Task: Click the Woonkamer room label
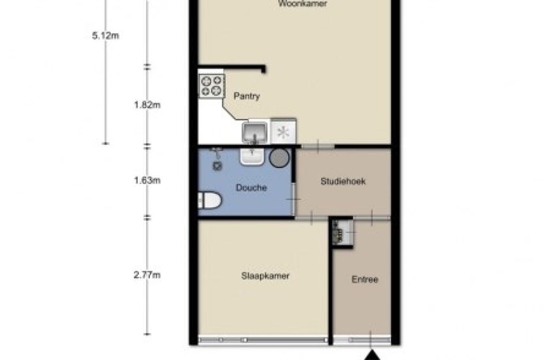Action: (302, 4)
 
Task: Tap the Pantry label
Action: (246, 96)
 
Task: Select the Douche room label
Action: (252, 188)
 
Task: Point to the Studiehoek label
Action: (343, 181)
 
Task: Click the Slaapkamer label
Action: (265, 276)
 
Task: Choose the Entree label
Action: (365, 280)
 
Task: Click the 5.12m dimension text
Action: (105, 36)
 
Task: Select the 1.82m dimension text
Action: (147, 105)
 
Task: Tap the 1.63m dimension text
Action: (147, 180)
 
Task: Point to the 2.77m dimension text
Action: (147, 275)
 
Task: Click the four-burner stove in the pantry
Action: (211, 85)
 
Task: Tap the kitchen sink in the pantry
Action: (254, 132)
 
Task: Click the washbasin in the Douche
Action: (252, 156)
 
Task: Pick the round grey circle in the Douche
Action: (280, 157)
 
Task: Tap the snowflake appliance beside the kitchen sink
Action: (283, 132)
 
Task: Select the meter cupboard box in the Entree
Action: (341, 232)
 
